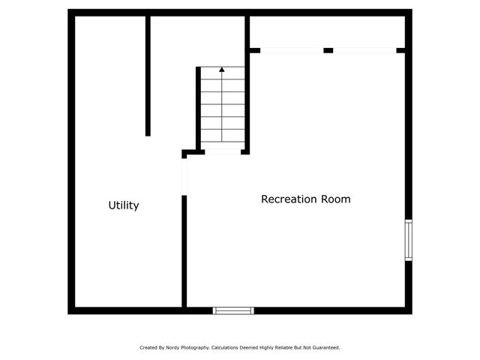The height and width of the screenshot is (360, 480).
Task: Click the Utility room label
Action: pyautogui.click(x=124, y=205)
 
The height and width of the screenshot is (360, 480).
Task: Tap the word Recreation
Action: pyautogui.click(x=289, y=199)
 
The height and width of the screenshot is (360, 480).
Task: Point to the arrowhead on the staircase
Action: pyautogui.click(x=222, y=70)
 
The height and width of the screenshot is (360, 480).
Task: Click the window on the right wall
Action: pyautogui.click(x=408, y=240)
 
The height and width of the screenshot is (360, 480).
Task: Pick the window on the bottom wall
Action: pyautogui.click(x=233, y=310)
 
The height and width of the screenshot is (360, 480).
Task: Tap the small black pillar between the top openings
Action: pyautogui.click(x=328, y=50)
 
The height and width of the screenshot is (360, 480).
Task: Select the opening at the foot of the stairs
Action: pyautogui.click(x=223, y=152)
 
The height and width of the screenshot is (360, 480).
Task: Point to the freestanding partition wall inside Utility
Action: pyautogui.click(x=148, y=75)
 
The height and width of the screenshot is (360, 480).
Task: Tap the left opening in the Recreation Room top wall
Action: pyautogui.click(x=292, y=50)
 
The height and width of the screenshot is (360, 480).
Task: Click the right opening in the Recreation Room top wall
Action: pyautogui.click(x=364, y=50)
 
